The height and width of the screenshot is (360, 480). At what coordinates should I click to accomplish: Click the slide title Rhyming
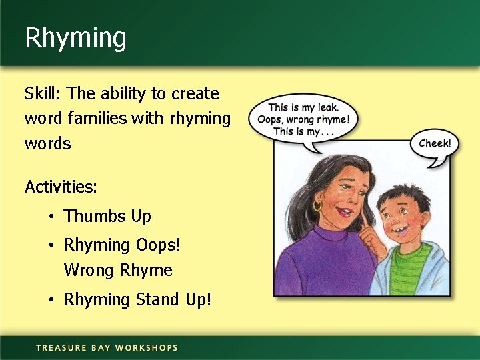tap(75, 38)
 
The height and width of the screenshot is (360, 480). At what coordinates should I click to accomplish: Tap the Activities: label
tap(61, 187)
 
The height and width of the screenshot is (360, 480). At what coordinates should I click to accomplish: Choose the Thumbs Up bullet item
tap(107, 216)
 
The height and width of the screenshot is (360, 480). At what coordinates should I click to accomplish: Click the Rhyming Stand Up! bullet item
tap(137, 299)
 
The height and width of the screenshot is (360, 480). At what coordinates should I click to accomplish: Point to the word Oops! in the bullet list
tap(157, 245)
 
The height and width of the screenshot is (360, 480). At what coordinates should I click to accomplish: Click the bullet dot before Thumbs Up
tap(51, 217)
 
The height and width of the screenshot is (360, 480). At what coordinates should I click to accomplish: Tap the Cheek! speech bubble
tap(434, 143)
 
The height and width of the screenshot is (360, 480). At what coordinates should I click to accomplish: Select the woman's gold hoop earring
tap(317, 205)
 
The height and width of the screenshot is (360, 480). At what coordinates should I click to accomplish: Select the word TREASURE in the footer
tap(61, 347)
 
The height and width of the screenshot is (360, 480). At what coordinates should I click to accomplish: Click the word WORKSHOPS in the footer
tap(146, 347)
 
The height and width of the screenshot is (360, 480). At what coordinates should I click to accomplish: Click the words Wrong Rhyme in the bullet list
tap(118, 271)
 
